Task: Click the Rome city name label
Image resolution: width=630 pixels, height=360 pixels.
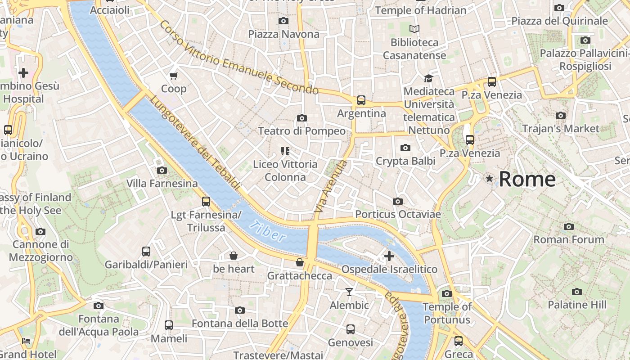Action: pyautogui.click(x=527, y=179)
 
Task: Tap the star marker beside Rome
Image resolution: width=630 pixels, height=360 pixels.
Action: pyautogui.click(x=490, y=179)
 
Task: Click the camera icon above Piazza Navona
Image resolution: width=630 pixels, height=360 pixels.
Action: pyautogui.click(x=283, y=21)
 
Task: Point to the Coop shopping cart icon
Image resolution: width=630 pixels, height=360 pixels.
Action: pyautogui.click(x=173, y=75)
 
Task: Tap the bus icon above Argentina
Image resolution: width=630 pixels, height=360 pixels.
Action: pyautogui.click(x=361, y=100)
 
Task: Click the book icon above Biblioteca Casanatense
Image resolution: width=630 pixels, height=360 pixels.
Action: pyautogui.click(x=414, y=29)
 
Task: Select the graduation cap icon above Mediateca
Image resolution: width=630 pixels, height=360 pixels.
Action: pyautogui.click(x=428, y=78)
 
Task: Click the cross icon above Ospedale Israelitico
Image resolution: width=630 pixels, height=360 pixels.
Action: pyautogui.click(x=389, y=256)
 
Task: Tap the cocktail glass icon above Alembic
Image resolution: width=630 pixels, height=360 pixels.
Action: pyautogui.click(x=349, y=292)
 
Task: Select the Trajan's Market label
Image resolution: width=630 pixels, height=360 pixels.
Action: pyautogui.click(x=561, y=129)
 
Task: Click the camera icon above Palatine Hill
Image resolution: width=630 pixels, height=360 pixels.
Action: pyautogui.click(x=577, y=292)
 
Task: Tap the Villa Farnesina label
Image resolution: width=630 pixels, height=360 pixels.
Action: pyautogui.click(x=162, y=184)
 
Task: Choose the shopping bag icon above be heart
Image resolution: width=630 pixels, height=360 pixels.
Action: pyautogui.click(x=234, y=256)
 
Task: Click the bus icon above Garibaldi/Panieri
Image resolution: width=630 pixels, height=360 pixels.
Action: pyautogui.click(x=146, y=251)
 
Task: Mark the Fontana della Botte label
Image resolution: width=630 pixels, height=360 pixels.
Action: pyautogui.click(x=240, y=324)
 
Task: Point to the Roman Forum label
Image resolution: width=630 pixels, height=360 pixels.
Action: pyautogui.click(x=569, y=239)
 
